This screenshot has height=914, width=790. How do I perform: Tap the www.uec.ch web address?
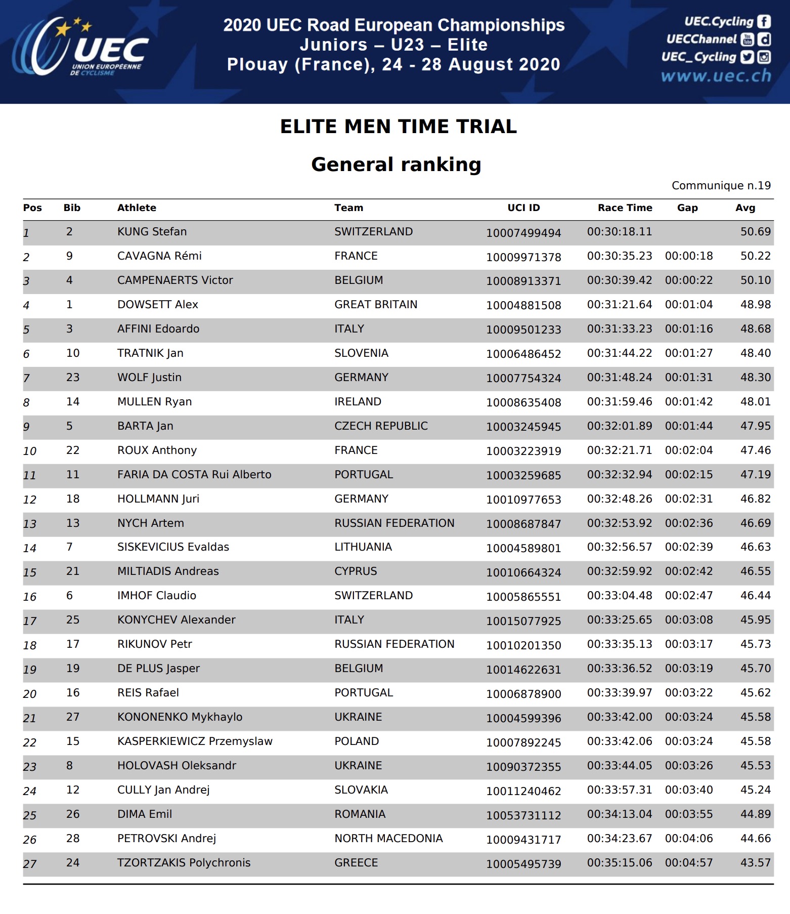click(x=716, y=76)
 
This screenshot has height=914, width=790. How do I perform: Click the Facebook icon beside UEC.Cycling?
click(x=764, y=21)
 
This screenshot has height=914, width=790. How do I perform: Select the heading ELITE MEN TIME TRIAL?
click(x=399, y=127)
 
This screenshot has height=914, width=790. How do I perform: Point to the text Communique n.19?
click(x=721, y=186)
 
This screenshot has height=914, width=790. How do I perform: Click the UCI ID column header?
click(x=523, y=208)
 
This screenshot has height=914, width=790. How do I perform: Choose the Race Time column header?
click(x=625, y=208)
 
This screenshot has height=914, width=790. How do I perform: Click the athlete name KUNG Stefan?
click(x=152, y=232)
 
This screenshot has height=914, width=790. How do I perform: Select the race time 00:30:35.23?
click(x=620, y=256)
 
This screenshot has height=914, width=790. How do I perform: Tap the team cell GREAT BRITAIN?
click(x=376, y=305)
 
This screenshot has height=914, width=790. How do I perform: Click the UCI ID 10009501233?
click(x=523, y=329)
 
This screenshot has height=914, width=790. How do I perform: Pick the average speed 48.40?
click(x=756, y=353)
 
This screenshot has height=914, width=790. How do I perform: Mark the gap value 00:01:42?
click(x=689, y=402)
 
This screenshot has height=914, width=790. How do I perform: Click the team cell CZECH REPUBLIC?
click(x=381, y=426)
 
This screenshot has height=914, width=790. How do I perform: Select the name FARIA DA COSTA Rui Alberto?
click(x=194, y=475)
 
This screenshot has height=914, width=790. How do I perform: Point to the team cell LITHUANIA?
click(x=363, y=547)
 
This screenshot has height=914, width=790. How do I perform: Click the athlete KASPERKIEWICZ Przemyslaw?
click(x=195, y=741)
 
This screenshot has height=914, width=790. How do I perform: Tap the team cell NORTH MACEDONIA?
click(x=388, y=839)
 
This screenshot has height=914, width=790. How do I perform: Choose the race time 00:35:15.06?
click(x=620, y=863)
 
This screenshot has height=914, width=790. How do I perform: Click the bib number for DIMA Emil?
click(x=73, y=814)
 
